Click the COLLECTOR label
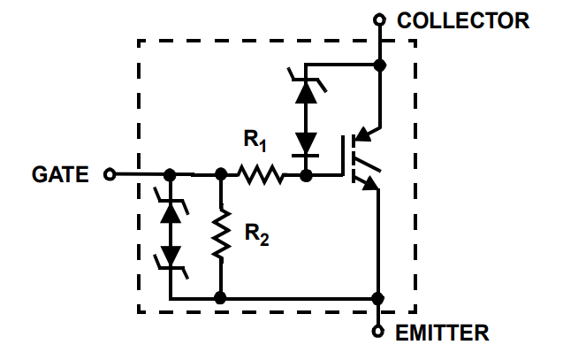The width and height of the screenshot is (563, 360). (463, 20)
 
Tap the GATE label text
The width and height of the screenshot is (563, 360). (60, 174)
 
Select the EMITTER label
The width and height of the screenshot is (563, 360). (442, 333)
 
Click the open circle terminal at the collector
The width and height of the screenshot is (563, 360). (379, 19)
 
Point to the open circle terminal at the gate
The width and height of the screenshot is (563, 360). (110, 174)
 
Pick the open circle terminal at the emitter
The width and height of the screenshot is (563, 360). (377, 332)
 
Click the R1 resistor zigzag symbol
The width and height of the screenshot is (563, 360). (261, 174)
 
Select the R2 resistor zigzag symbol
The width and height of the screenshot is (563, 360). (221, 233)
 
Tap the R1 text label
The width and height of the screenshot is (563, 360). (255, 141)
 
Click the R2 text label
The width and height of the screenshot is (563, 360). (256, 234)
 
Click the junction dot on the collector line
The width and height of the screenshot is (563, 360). (379, 65)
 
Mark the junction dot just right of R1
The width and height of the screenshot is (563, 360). (306, 175)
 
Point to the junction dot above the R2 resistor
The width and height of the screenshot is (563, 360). (221, 174)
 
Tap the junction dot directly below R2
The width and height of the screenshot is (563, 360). (220, 298)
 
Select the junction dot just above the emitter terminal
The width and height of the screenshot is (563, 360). (377, 298)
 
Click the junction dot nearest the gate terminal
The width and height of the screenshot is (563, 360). (170, 175)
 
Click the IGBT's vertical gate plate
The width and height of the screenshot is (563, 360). (343, 156)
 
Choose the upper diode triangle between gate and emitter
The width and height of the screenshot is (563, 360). (171, 214)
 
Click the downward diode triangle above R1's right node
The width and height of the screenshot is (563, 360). (306, 143)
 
